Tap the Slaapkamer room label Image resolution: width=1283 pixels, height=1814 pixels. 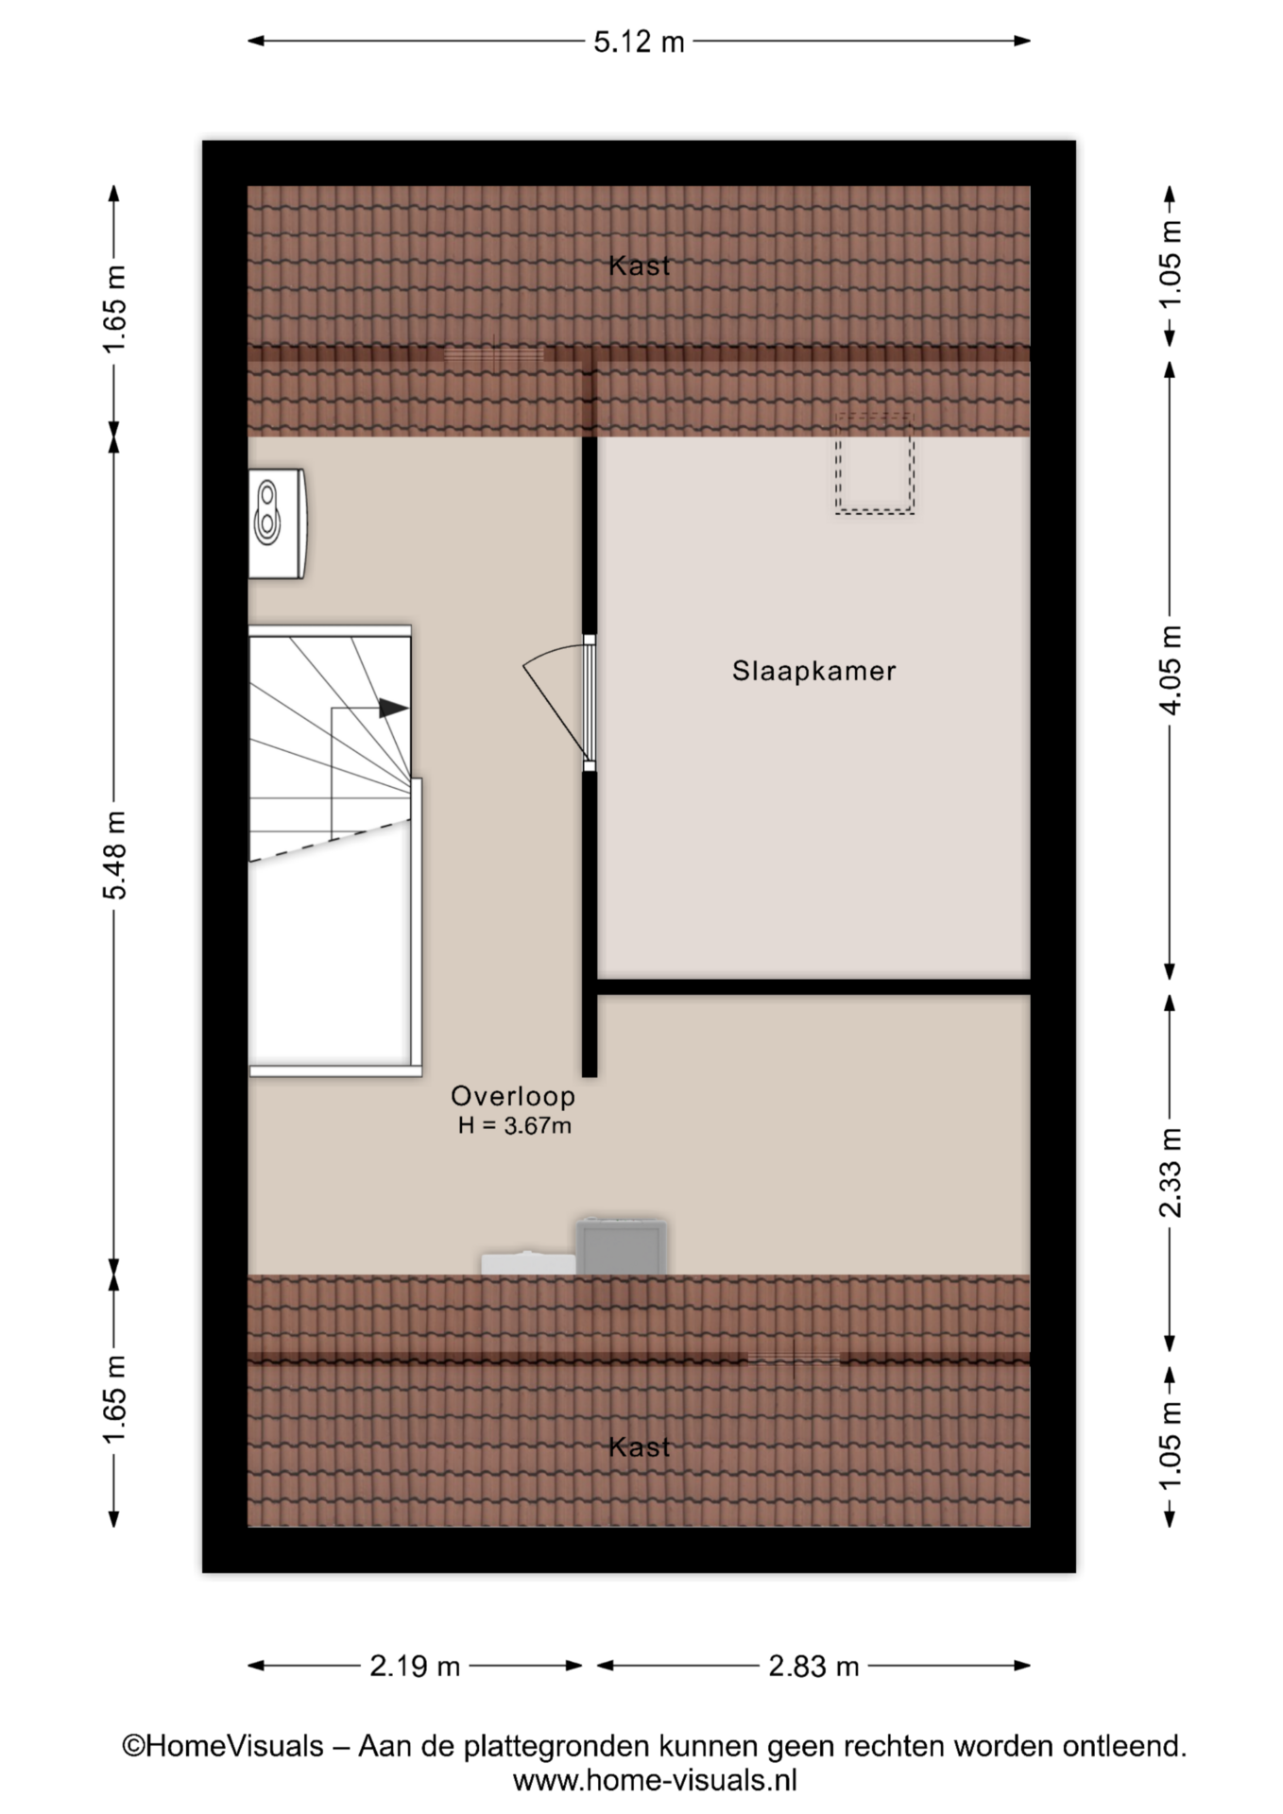(x=813, y=671)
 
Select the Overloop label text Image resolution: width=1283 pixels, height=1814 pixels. (x=513, y=1096)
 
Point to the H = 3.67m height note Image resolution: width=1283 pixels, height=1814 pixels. (x=515, y=1125)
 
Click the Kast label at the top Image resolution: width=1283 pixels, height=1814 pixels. (x=640, y=265)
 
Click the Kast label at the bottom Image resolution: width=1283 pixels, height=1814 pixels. (x=640, y=1446)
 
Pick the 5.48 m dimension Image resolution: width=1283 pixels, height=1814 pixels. (x=114, y=855)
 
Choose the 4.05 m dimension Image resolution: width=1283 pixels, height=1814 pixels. (x=1170, y=670)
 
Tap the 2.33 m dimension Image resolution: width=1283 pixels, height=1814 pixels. (x=1170, y=1172)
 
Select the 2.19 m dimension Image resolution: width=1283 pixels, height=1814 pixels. (x=415, y=1666)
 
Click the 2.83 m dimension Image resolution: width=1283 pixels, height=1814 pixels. (x=813, y=1666)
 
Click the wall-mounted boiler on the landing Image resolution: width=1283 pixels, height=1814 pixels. (x=277, y=522)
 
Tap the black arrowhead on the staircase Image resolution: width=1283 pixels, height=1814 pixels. (x=394, y=708)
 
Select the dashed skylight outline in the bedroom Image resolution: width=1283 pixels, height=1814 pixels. (x=874, y=463)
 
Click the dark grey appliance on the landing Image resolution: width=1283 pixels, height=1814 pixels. (x=622, y=1246)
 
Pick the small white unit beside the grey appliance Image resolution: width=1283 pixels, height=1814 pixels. (x=528, y=1263)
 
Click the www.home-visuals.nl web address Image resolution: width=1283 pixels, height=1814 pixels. (x=655, y=1781)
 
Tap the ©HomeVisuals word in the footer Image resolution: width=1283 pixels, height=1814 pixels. (x=223, y=1746)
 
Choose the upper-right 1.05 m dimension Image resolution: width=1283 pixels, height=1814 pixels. (x=1170, y=264)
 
